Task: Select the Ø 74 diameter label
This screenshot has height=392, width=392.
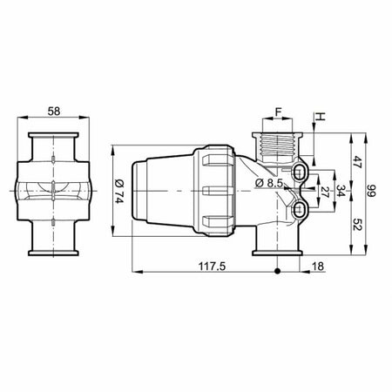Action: pyautogui.click(x=119, y=189)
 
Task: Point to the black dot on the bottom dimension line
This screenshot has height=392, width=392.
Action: pyautogui.click(x=277, y=273)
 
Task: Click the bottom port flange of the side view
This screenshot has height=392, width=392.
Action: pyautogui.click(x=276, y=253)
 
